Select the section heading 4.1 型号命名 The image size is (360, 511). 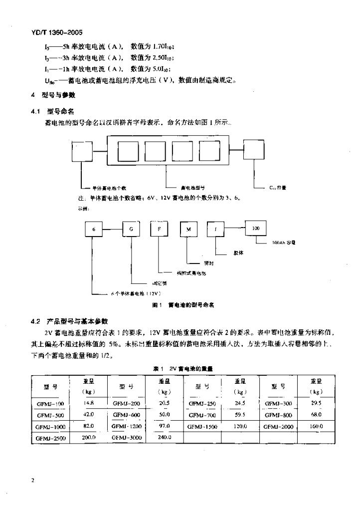coord(53,111)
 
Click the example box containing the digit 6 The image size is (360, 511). coord(93,229)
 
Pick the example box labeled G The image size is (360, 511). coord(132,229)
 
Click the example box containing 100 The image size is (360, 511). coord(256,228)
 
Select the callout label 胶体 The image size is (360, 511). coord(238,253)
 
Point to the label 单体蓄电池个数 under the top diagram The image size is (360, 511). coord(109,188)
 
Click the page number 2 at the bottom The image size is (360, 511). coord(32,480)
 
